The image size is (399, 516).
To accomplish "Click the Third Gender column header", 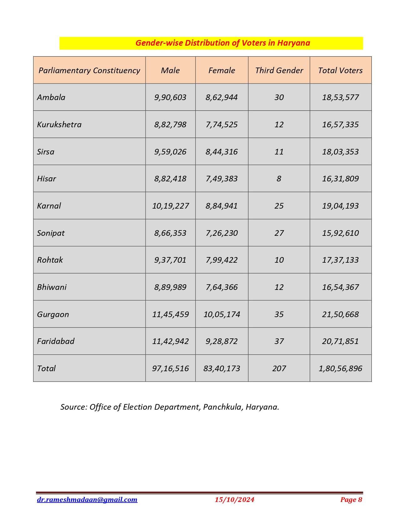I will (279, 70).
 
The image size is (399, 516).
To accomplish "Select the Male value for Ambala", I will (170, 97).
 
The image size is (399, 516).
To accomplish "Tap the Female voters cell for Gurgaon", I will (222, 314).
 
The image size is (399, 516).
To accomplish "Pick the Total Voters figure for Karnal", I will (340, 206).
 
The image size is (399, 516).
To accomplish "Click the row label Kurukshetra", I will (59, 124).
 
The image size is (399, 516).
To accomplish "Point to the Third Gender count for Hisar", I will (279, 179).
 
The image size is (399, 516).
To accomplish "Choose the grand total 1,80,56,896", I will (340, 368).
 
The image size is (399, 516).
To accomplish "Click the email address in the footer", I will (87, 500).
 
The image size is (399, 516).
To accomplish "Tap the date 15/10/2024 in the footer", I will (234, 500).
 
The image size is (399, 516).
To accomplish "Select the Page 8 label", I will (351, 500).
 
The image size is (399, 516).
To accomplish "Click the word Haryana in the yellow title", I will (294, 43).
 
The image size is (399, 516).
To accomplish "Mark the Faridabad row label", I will (56, 341).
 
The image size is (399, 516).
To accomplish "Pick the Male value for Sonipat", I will (170, 233).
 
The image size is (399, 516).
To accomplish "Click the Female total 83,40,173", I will (222, 368).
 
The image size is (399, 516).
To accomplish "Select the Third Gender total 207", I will (279, 368).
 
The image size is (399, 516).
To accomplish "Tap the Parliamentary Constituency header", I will (89, 70).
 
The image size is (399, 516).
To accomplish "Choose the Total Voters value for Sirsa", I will (340, 152).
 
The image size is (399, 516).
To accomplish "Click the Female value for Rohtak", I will (222, 260).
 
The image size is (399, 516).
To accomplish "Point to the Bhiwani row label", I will (52, 287).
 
